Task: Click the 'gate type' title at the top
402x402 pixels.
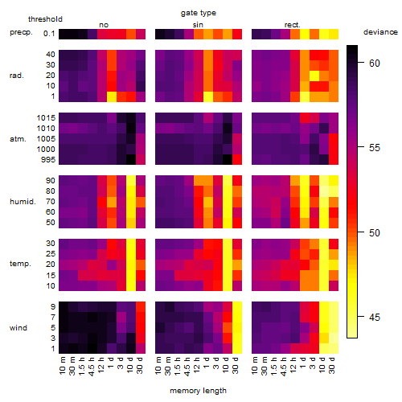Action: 199,13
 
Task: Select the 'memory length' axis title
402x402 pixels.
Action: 198,391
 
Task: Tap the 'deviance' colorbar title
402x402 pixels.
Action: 380,32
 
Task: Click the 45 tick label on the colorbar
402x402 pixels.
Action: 375,318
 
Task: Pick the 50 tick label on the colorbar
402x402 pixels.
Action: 375,232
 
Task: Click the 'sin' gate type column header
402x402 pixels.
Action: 198,25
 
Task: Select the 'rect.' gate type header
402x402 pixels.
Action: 293,25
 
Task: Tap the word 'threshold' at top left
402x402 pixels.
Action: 45,19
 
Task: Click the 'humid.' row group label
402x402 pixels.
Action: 23,202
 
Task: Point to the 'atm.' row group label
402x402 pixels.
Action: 18,139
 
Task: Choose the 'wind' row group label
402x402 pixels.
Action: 18,328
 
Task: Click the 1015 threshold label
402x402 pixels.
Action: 46,118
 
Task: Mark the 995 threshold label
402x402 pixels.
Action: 48,160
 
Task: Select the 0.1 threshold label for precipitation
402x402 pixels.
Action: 49,34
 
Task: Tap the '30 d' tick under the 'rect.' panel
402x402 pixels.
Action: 332,365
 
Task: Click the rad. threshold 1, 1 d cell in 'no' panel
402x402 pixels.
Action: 112,96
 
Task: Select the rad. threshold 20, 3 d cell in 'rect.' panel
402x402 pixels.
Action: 314,76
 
